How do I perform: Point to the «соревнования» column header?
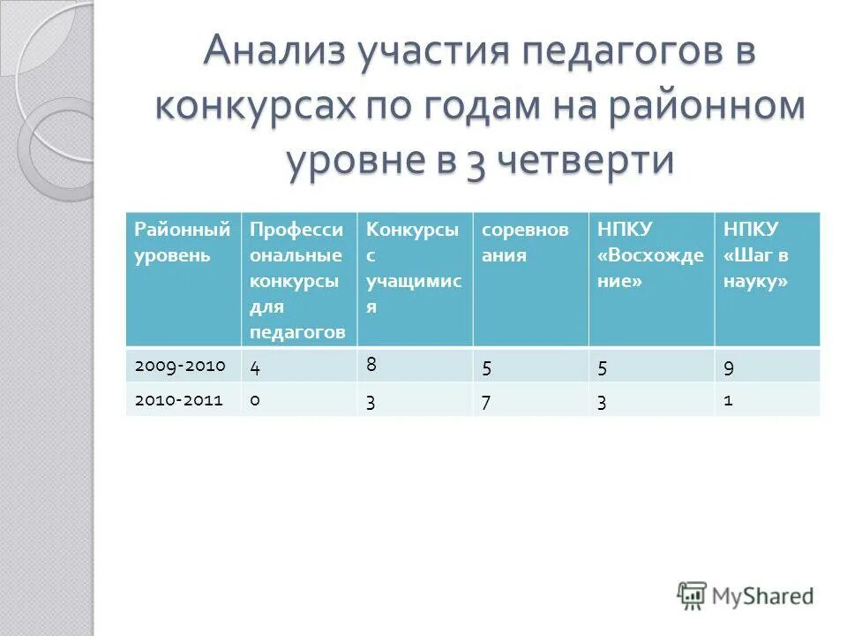click(x=525, y=243)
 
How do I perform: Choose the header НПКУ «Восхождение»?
click(x=650, y=255)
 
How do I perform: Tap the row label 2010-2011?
click(x=181, y=400)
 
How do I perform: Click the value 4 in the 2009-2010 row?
click(x=255, y=367)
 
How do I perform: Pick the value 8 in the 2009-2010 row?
click(x=371, y=361)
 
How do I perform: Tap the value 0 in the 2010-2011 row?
click(x=255, y=400)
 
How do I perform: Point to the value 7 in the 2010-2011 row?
click(x=487, y=401)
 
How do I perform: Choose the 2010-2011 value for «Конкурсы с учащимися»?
click(x=371, y=401)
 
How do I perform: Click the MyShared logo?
click(x=746, y=595)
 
